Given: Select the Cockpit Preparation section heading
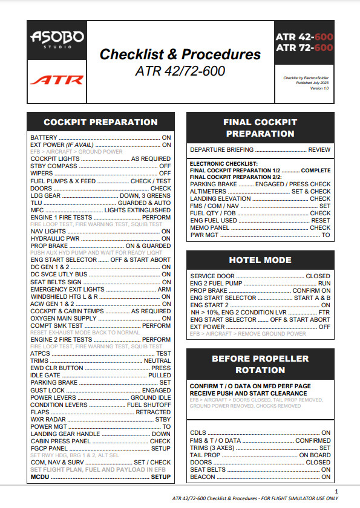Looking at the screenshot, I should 100,122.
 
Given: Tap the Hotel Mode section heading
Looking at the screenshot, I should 260,260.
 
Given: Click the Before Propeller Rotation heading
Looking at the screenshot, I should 260,364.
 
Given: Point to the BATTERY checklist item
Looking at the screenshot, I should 44,138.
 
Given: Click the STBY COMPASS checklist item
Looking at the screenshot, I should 54,165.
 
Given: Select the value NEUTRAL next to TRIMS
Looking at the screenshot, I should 157,360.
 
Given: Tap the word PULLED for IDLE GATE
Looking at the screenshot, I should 160,375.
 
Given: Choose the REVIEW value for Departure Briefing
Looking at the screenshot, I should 319,149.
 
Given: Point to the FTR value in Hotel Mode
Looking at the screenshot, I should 325,312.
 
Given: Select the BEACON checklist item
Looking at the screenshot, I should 202,477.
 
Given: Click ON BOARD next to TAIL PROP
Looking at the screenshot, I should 315,455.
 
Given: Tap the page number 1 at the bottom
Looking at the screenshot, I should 336,491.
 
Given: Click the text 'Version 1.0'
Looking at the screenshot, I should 319,88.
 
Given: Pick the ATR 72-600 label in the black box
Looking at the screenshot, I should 304,47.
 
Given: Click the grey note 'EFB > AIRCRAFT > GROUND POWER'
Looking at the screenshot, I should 76,152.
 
